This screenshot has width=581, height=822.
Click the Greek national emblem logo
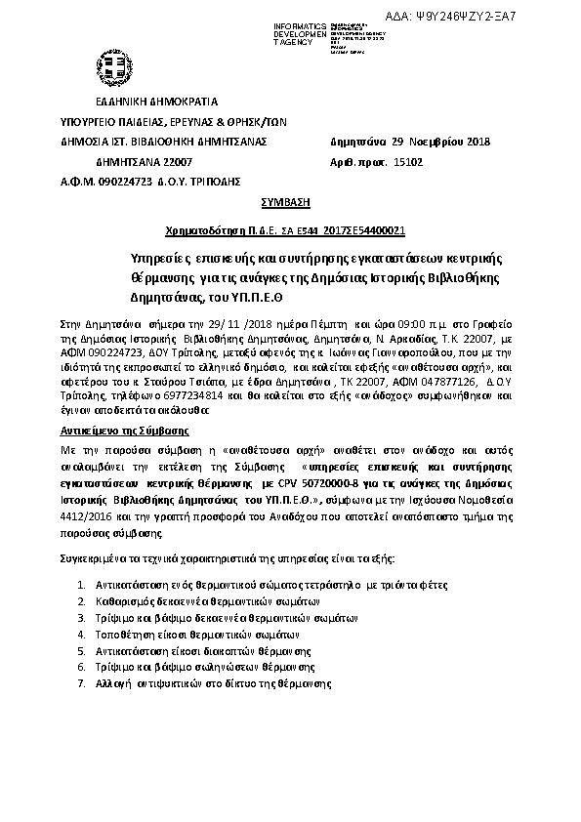116,67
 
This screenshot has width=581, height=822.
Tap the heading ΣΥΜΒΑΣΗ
286,201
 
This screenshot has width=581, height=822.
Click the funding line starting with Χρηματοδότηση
285,230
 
